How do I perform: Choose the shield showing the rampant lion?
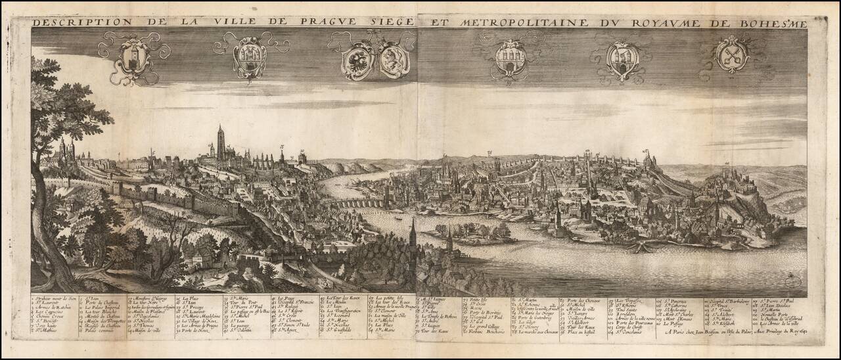[394, 60]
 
